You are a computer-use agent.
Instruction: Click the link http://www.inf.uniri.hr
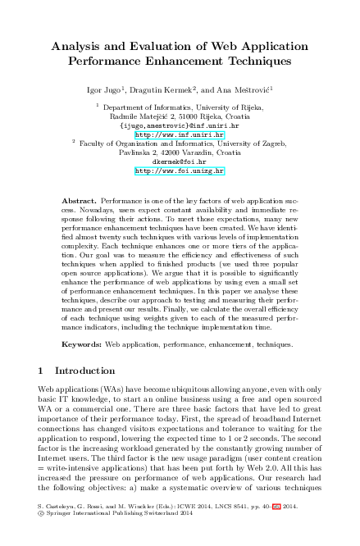(x=179, y=134)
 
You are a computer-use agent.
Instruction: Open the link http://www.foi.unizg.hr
(x=179, y=171)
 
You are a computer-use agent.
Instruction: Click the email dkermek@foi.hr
(x=179, y=162)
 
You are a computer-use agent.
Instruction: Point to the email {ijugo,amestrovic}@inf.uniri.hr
(x=179, y=125)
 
